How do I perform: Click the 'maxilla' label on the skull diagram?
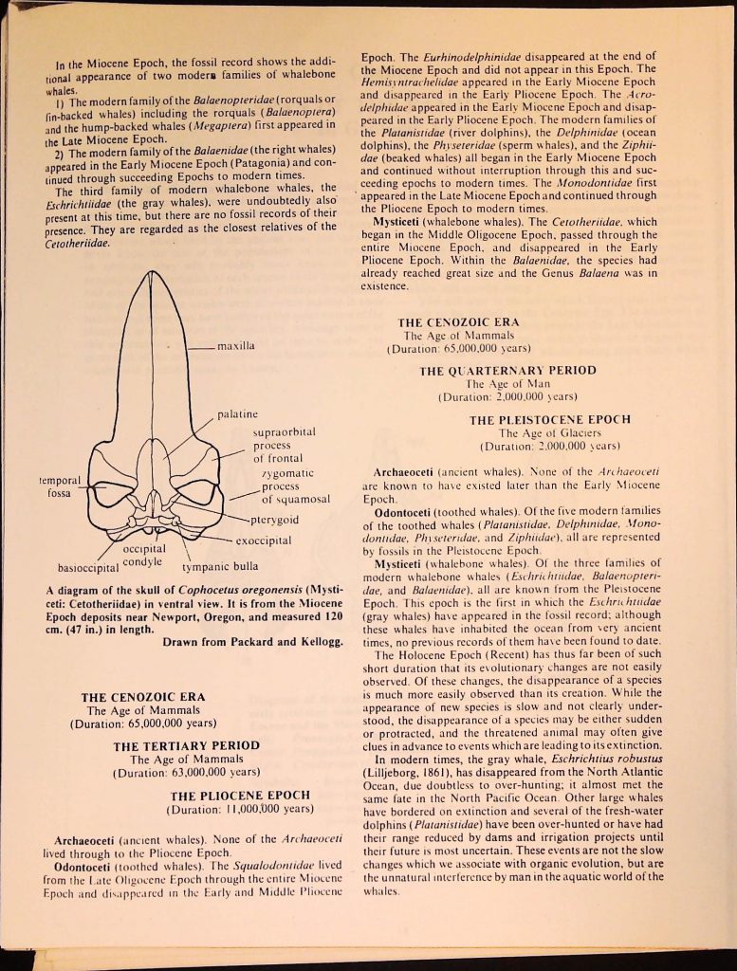point(235,347)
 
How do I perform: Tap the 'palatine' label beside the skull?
point(237,415)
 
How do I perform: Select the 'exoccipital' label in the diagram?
point(265,540)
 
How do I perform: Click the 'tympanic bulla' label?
point(219,568)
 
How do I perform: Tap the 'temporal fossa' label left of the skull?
point(60,486)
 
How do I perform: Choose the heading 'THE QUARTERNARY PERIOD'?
point(507,371)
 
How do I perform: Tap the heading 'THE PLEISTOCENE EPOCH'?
point(549,419)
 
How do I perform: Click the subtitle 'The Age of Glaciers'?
point(549,432)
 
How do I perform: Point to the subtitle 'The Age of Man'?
point(507,384)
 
